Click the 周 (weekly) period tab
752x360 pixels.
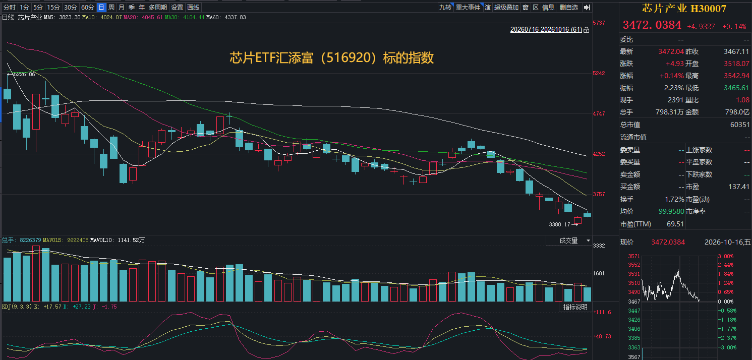tap(111, 8)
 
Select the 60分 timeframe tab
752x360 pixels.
tap(88, 8)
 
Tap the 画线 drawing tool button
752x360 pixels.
tap(193, 8)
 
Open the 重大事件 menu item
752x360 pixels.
tap(468, 8)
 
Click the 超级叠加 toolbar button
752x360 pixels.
tap(506, 8)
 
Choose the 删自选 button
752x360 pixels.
tap(569, 8)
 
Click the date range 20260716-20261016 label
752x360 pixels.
tap(546, 30)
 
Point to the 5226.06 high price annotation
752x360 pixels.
tap(24, 74)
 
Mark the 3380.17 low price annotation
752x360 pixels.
tap(560, 224)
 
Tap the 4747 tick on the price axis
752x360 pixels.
tap(599, 114)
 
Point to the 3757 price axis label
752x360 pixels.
tap(599, 194)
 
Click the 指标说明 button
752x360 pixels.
tap(575, 307)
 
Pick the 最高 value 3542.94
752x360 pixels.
tap(736, 76)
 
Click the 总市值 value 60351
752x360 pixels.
tap(739, 125)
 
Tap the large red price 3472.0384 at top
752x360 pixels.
tap(652, 25)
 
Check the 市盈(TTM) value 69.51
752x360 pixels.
tap(675, 224)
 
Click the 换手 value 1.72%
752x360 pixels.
tap(674, 199)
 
